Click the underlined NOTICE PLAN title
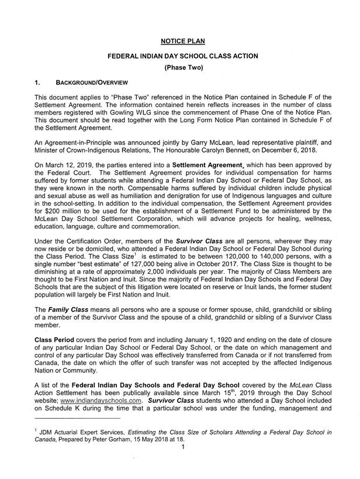coord(183,41)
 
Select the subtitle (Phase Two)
coord(183,68)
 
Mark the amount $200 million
coord(58,215)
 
